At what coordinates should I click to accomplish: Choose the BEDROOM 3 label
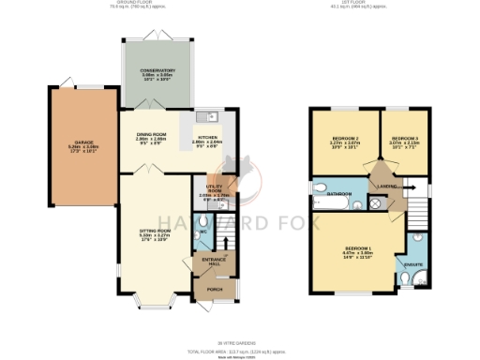(x=404, y=139)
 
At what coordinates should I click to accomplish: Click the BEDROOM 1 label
(x=356, y=247)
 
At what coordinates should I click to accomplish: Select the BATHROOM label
(x=339, y=194)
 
